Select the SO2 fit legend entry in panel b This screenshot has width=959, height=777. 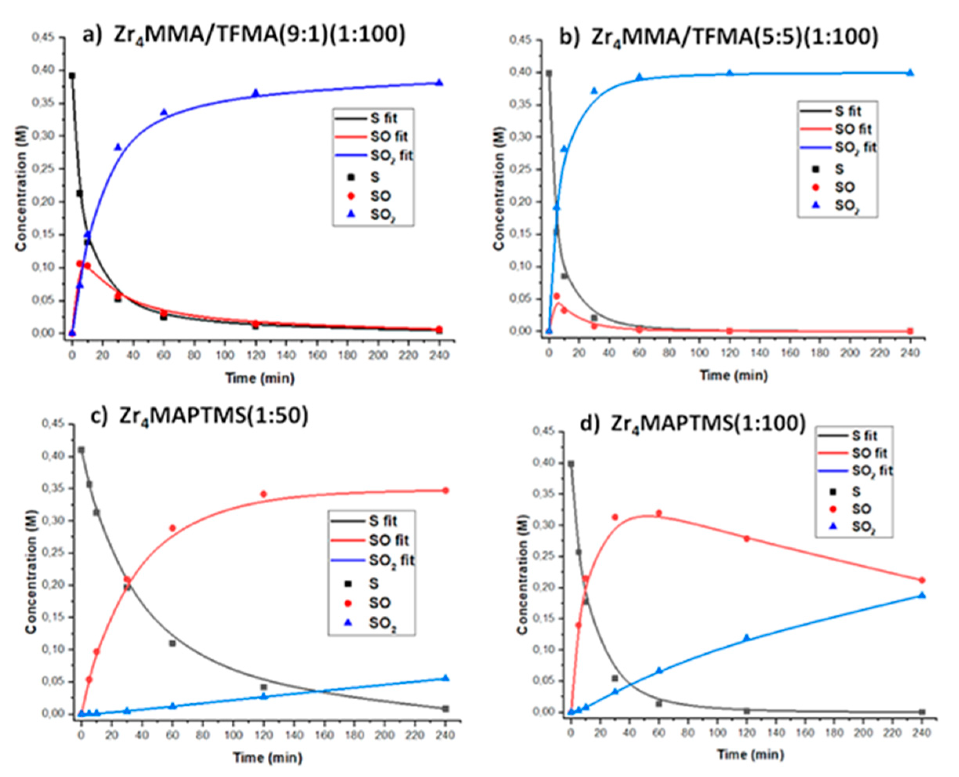pos(836,148)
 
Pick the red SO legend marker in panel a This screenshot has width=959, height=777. pos(351,196)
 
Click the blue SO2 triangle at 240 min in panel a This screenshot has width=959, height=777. pos(439,82)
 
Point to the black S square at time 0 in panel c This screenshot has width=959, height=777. pos(82,450)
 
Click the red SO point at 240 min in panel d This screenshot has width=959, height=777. pos(922,580)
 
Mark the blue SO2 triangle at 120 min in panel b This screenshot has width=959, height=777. pos(730,73)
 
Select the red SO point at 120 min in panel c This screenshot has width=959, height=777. pos(263,494)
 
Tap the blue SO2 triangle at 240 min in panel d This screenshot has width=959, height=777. pos(922,595)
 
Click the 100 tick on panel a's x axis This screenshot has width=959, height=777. pos(225,356)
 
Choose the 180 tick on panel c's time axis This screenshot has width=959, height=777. pos(355,735)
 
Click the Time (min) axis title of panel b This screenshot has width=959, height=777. pos(734,375)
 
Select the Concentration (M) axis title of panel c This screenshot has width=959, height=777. pos(31,573)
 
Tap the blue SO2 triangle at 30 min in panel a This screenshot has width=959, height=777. pos(118,147)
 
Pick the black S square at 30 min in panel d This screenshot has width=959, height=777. pos(615,678)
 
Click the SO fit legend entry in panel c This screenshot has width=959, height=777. pos(370,540)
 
